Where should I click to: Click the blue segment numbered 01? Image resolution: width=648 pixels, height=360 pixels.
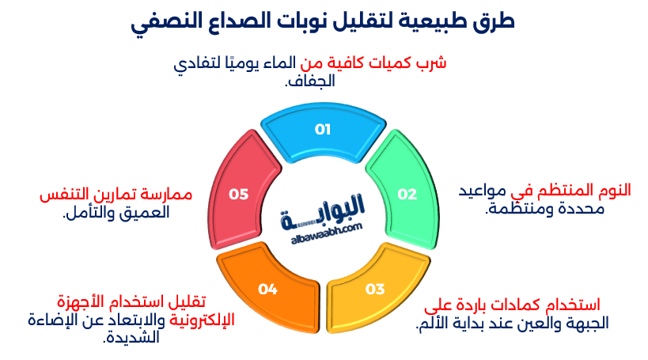[x=323, y=131]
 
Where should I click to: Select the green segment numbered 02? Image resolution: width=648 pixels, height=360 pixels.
[x=406, y=194]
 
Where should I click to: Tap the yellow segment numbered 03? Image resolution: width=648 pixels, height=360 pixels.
[x=374, y=288]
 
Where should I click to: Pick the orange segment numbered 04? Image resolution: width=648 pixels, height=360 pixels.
[x=268, y=290]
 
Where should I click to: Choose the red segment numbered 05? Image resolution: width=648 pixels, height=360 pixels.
[x=239, y=194]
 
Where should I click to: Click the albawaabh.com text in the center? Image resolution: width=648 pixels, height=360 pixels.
[x=324, y=229]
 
